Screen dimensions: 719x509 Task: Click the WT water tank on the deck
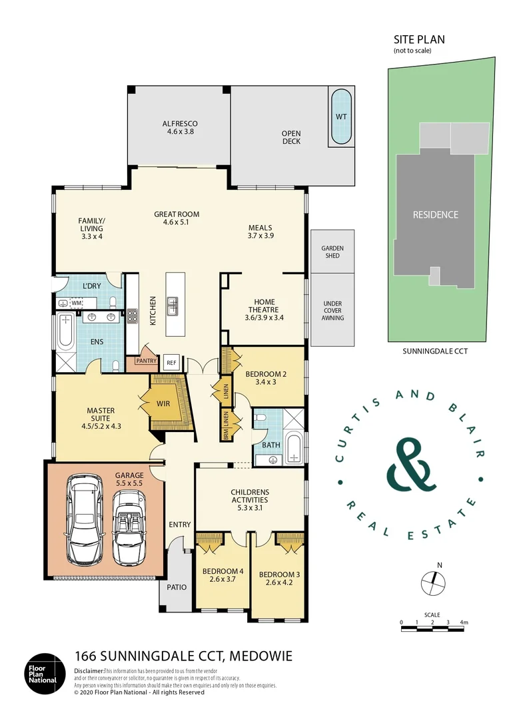pos(341,116)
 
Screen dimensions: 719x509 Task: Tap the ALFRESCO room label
pos(180,124)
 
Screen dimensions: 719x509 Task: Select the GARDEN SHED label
pos(332,252)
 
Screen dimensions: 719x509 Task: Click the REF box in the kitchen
pos(171,363)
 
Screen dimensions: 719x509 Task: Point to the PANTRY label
pos(146,361)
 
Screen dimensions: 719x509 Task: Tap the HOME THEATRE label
pos(264,306)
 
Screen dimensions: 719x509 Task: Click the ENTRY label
pos(179,525)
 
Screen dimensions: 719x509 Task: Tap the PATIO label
pos(177,587)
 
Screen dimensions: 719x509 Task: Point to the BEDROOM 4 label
pos(223,571)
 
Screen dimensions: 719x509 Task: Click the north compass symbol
pos(432,584)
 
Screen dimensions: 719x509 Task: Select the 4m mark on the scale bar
pos(464,622)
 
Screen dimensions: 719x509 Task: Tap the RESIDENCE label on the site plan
pos(435,214)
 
